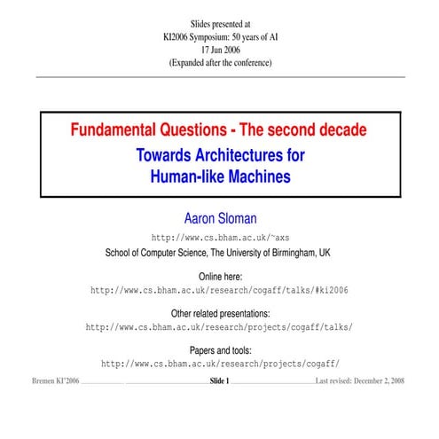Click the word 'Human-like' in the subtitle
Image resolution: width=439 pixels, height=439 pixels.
[184, 176]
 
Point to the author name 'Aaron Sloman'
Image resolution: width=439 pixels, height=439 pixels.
[219, 218]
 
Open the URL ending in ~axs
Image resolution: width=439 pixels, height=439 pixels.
[220, 238]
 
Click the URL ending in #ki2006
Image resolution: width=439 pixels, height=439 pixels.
[219, 290]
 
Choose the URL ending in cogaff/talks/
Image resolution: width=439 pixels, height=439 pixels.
[219, 327]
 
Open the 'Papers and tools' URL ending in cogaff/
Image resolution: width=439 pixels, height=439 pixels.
[220, 364]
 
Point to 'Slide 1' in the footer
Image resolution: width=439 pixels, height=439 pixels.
[219, 381]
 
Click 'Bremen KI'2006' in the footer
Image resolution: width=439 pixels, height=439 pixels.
[49, 381]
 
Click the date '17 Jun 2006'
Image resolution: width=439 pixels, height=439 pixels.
[220, 50]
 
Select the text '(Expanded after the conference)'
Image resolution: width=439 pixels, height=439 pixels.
[220, 63]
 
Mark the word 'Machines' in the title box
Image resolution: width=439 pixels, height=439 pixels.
[255, 176]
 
